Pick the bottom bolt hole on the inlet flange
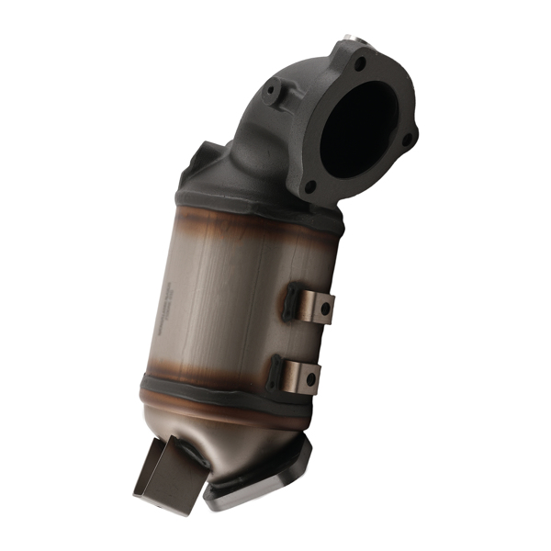tap(311, 186)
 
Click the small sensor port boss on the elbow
tap(273, 92)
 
